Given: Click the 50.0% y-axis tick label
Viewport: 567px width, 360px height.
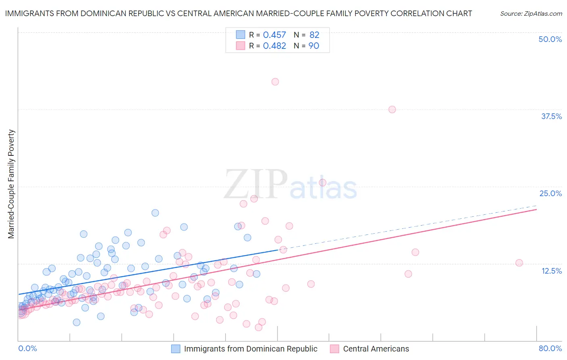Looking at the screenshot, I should coord(550,39).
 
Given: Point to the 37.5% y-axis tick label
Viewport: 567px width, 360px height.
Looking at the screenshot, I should coord(551,116).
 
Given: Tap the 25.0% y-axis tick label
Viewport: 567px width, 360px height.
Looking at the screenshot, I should coord(550,193).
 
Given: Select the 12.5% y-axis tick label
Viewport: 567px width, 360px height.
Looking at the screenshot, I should coord(551,271).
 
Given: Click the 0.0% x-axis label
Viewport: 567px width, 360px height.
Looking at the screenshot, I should coord(27,348).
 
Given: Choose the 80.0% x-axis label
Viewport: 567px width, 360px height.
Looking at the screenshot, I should coord(550,348).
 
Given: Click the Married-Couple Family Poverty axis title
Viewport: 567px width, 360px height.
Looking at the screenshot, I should coord(11,184).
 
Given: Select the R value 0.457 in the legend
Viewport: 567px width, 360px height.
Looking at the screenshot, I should coord(274,35).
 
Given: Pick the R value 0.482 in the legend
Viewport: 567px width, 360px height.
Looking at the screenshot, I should coord(274,46).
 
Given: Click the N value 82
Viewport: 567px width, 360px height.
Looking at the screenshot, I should coord(314,35).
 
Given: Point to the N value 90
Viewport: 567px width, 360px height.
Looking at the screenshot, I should coord(314,46).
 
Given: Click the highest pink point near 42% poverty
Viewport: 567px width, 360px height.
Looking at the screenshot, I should coord(275,82).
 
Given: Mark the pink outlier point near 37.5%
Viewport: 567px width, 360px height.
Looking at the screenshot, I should coord(392,109).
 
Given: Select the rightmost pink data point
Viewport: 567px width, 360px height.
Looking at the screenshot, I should coord(519,263).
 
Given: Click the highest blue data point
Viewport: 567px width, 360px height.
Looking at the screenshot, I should coord(155,213).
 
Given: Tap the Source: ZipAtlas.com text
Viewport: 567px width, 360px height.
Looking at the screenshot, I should coord(531,14).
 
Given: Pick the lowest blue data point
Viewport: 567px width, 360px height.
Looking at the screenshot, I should coord(77,322).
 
